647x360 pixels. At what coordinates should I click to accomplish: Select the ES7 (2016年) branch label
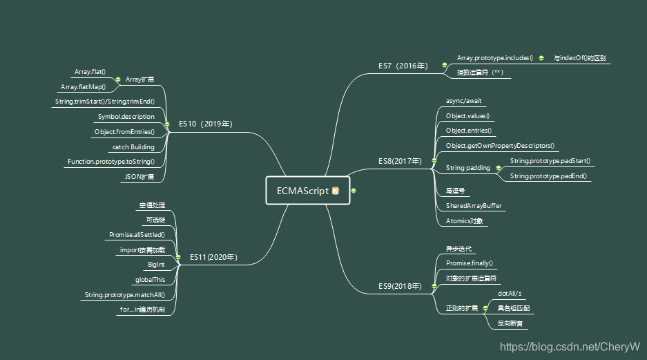click(x=403, y=66)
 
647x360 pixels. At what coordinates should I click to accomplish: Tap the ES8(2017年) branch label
click(x=400, y=160)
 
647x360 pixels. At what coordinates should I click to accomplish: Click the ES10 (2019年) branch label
click(x=205, y=124)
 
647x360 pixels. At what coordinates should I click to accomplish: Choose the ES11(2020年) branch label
click(x=213, y=257)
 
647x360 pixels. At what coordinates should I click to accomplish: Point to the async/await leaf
click(x=463, y=101)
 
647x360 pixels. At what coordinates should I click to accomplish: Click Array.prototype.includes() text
click(x=495, y=58)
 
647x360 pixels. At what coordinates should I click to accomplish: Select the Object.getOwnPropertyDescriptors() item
click(x=500, y=146)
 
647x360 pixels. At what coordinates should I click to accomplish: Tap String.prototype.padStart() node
click(x=550, y=161)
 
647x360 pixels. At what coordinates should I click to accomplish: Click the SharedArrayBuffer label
click(x=474, y=206)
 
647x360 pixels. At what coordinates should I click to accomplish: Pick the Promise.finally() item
click(x=470, y=263)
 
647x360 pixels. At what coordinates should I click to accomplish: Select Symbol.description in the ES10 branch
click(x=126, y=117)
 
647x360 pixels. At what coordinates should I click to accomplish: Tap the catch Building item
click(x=133, y=146)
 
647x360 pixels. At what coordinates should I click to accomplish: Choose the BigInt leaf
click(x=156, y=265)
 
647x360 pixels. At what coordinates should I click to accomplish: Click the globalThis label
click(x=150, y=280)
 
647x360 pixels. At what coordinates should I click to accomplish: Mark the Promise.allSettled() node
click(x=137, y=235)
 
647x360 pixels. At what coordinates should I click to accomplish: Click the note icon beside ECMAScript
click(x=336, y=191)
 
